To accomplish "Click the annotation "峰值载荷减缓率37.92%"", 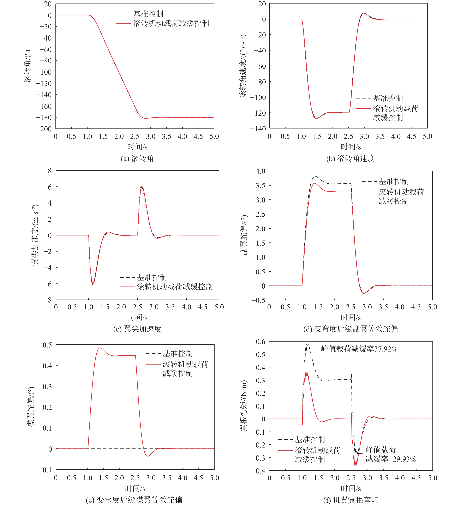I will (359, 349).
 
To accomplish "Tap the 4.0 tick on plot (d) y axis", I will (260, 171).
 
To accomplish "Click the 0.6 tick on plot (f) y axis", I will (261, 342).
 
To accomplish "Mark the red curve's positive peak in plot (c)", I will (142, 186).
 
